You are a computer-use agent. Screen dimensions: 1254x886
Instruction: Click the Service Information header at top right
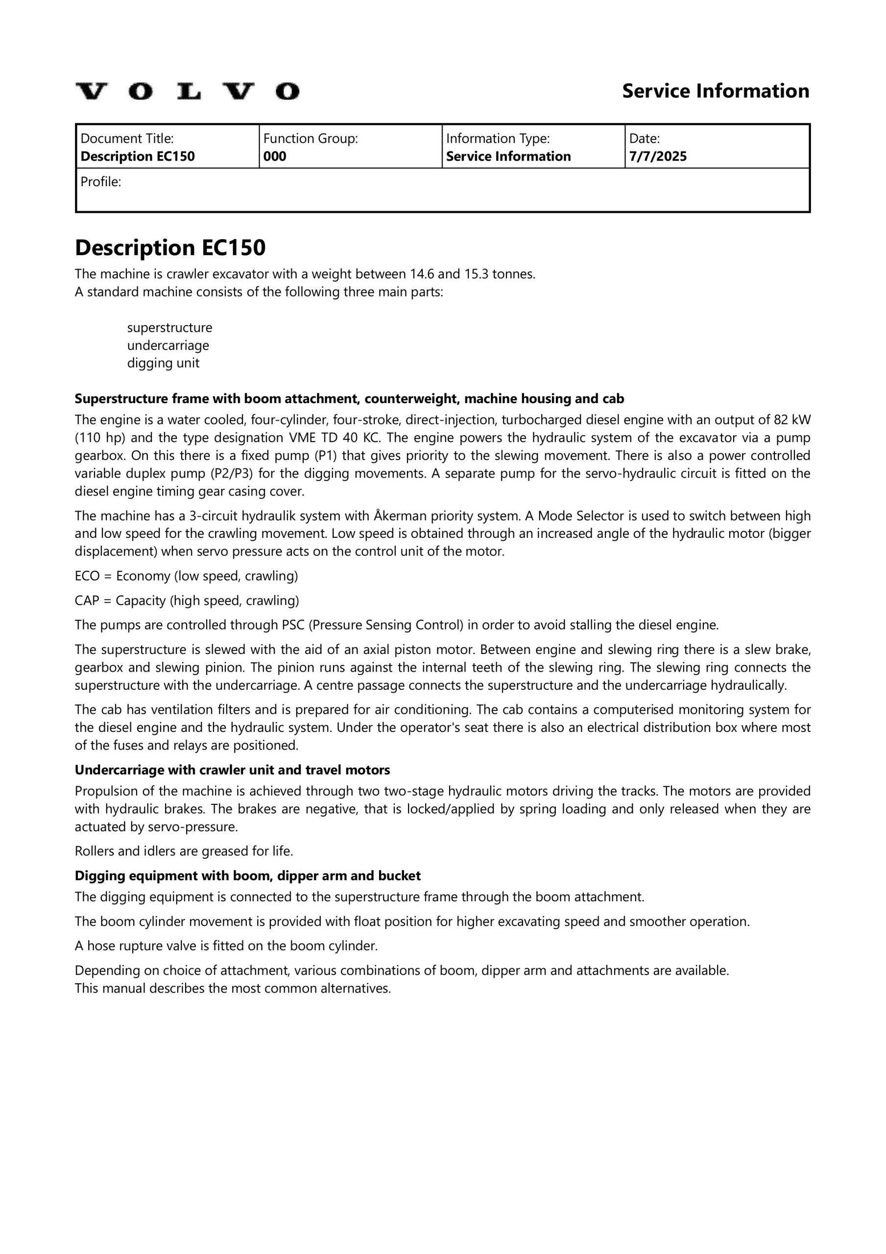(715, 91)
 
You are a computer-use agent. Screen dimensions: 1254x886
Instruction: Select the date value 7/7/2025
(658, 157)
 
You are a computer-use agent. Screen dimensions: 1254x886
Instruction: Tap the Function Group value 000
(275, 157)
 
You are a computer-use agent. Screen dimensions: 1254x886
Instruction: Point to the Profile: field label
(100, 182)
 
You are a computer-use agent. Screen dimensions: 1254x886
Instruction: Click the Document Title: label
(127, 139)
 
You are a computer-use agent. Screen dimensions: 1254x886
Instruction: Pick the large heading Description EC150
(170, 248)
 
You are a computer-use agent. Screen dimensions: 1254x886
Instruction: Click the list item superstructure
(169, 328)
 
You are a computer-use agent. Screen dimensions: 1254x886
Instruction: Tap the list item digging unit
(163, 363)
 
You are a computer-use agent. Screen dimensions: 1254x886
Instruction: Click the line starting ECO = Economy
(186, 576)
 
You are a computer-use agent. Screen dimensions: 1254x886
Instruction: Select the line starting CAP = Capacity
(187, 601)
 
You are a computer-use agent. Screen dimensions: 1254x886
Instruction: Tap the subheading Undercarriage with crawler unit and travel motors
(232, 770)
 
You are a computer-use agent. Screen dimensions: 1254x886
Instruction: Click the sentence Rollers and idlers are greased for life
(184, 851)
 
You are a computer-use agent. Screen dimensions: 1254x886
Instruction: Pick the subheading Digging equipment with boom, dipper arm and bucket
(247, 876)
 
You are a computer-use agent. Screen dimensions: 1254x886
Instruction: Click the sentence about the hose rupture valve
(226, 946)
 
